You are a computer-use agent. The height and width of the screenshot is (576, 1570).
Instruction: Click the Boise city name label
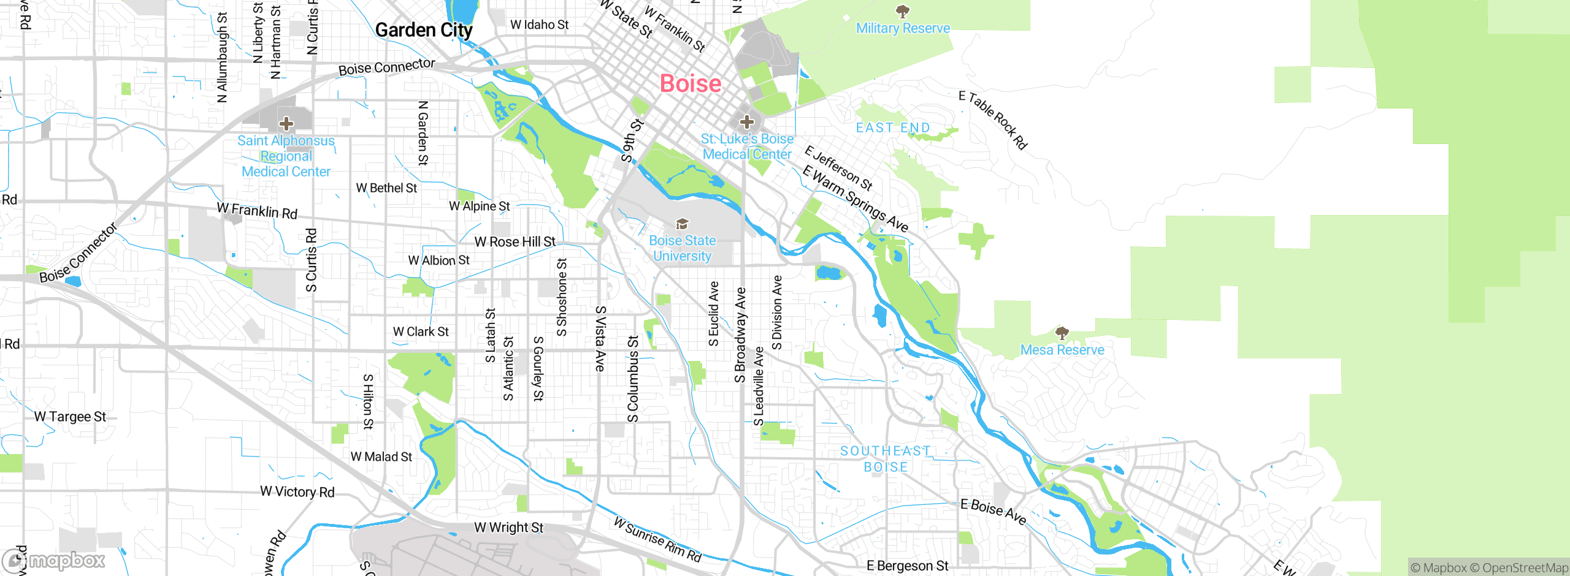[690, 84]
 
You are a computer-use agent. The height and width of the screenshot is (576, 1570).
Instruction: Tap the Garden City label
[423, 30]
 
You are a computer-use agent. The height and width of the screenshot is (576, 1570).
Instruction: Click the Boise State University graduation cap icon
[682, 224]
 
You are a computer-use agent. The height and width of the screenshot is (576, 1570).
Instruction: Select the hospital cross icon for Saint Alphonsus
[286, 124]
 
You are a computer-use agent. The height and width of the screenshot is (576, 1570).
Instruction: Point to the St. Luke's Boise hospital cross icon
[746, 121]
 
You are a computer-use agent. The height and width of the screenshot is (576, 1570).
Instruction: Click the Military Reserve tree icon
[902, 11]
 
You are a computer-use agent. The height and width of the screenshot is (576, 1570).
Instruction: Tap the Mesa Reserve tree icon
[1062, 333]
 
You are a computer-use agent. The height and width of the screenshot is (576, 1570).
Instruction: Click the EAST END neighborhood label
[892, 127]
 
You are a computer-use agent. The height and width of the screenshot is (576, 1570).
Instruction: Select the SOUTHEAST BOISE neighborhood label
[885, 459]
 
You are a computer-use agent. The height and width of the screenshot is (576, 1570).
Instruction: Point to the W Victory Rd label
[297, 491]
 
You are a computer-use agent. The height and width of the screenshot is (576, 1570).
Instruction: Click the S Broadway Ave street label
[740, 335]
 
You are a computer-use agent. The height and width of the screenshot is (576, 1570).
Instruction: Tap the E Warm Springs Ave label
[855, 199]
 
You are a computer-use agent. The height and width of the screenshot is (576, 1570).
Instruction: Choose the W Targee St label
[70, 417]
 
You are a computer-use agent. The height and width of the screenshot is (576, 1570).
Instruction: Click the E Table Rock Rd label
[993, 120]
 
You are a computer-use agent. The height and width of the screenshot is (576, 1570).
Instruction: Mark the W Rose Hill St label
[515, 242]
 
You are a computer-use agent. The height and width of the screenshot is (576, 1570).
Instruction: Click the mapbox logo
[54, 560]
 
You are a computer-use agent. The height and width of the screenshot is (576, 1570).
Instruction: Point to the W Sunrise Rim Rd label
[657, 540]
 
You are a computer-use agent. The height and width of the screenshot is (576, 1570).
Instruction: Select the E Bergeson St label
[907, 566]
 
